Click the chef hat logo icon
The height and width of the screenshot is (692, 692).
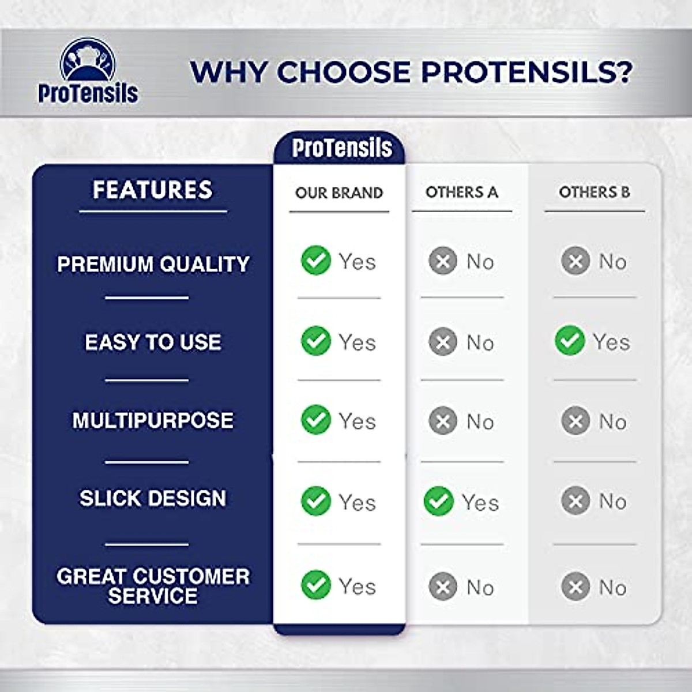(x=88, y=59)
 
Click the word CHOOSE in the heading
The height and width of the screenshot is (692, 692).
(x=343, y=72)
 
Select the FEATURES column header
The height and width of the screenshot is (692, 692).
(x=153, y=190)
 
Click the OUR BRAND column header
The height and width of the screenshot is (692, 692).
(x=339, y=193)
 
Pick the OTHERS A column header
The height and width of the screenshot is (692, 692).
(x=462, y=192)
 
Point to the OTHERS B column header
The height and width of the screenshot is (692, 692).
(x=595, y=192)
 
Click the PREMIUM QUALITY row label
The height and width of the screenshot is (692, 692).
(x=153, y=264)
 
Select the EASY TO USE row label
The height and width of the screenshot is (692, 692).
(x=153, y=341)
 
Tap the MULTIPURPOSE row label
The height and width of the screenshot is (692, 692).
(x=153, y=420)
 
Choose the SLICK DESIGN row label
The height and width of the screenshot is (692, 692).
(x=153, y=498)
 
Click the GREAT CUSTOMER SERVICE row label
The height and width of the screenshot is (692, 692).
(x=153, y=586)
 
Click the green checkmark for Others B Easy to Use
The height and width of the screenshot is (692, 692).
(x=570, y=340)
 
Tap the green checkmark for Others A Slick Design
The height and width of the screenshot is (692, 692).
(x=438, y=501)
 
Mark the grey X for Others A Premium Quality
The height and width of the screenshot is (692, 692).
(x=443, y=261)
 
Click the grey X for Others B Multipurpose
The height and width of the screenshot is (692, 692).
(x=576, y=420)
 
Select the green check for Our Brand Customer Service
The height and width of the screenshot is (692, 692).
(x=315, y=585)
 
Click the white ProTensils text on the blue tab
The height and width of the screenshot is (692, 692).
(x=342, y=148)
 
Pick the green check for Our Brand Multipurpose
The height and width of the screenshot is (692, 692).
(x=315, y=419)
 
